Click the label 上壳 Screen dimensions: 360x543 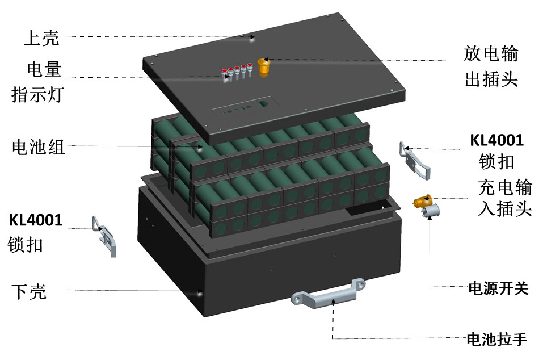click(41, 39)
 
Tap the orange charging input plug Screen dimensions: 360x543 click(423, 200)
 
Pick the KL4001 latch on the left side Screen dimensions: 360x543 click(107, 236)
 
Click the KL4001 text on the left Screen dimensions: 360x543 click(35, 220)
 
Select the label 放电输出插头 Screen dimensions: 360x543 click(491, 66)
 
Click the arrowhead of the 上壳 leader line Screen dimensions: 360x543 click(252, 39)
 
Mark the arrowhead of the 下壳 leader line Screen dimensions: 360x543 click(200, 294)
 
